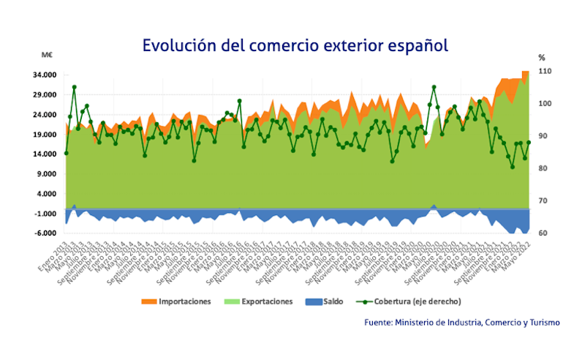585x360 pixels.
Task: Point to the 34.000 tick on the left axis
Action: (48, 75)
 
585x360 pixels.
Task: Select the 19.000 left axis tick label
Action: (48, 135)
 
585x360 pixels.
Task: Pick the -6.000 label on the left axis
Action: (48, 233)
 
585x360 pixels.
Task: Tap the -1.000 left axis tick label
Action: (48, 214)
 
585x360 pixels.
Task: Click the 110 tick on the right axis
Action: (544, 72)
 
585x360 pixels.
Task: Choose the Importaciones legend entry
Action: (186, 301)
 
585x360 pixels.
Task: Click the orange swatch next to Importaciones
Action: (149, 301)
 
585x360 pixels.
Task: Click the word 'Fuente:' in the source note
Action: (379, 322)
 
